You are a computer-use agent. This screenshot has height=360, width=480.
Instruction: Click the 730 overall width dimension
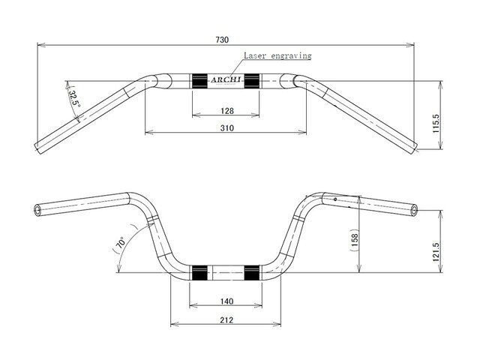pyautogui.click(x=222, y=40)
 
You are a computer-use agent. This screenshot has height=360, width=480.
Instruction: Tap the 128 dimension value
pyautogui.click(x=226, y=111)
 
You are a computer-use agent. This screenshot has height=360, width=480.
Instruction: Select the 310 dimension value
pyautogui.click(x=226, y=128)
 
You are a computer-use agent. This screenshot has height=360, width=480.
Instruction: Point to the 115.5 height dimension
pyautogui.click(x=436, y=123)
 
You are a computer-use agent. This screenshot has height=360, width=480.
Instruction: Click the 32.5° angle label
pyautogui.click(x=73, y=97)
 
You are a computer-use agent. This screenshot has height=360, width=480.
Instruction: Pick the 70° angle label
pyautogui.click(x=120, y=243)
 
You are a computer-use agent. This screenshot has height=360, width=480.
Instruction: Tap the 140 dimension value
pyautogui.click(x=226, y=301)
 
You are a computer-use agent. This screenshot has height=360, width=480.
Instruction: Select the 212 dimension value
pyautogui.click(x=226, y=320)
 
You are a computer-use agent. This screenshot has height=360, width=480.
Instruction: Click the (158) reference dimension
pyautogui.click(x=355, y=240)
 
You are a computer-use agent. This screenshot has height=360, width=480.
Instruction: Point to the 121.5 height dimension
pyautogui.click(x=436, y=252)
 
